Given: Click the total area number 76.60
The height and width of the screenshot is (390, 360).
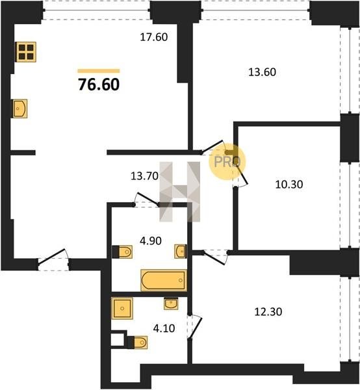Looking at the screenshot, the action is pyautogui.click(x=99, y=84).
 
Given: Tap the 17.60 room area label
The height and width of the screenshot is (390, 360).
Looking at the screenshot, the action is pyautogui.click(x=154, y=37).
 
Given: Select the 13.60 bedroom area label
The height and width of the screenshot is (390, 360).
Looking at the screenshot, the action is pyautogui.click(x=263, y=72).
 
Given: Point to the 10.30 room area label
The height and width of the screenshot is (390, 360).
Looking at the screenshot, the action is pyautogui.click(x=289, y=185).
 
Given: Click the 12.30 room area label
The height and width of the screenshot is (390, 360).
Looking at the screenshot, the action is pyautogui.click(x=268, y=311).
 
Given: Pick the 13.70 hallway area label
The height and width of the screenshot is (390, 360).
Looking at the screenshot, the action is pyautogui.click(x=144, y=176).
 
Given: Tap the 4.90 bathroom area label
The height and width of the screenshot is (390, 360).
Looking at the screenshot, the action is pyautogui.click(x=151, y=240).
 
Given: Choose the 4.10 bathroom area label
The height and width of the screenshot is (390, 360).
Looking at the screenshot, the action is pyautogui.click(x=164, y=328).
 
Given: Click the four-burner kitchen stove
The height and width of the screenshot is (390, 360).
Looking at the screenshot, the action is pyautogui.click(x=25, y=52).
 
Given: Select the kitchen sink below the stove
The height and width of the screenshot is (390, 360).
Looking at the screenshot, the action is pyautogui.click(x=20, y=109).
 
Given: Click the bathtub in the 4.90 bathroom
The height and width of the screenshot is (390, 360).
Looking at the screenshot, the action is pyautogui.click(x=164, y=280).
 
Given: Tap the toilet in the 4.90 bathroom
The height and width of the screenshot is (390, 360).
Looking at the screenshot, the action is pyautogui.click(x=122, y=252).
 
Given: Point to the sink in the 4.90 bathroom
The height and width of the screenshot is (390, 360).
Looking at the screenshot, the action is pyautogui.click(x=181, y=252).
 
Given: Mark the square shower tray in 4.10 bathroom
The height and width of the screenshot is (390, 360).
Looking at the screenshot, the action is pyautogui.click(x=122, y=308).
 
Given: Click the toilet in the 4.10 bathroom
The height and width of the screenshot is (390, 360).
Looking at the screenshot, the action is pyautogui.click(x=137, y=343).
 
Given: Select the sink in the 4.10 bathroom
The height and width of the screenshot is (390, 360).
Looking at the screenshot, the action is pyautogui.click(x=171, y=304).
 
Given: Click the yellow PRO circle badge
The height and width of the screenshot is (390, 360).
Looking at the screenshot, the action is pyautogui.click(x=227, y=161).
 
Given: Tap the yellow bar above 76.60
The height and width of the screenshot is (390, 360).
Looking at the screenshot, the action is pyautogui.click(x=99, y=71).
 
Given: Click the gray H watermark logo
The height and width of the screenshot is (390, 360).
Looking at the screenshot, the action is pyautogui.click(x=180, y=192).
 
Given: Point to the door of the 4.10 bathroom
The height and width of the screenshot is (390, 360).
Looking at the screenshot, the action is pyautogui.click(x=196, y=328).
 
